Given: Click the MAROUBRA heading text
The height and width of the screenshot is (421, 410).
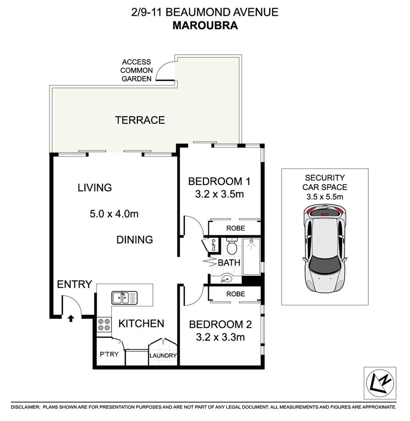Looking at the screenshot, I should point(205,25).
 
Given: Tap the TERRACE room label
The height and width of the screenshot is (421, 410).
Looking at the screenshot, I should point(140,120).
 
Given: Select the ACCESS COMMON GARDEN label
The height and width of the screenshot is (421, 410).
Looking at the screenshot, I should point(136,71).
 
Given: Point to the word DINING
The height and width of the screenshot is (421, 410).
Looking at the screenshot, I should point(134,240).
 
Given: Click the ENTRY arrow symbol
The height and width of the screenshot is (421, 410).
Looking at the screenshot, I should point(71,318).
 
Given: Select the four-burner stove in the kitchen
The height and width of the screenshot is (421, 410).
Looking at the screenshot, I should point(104,325).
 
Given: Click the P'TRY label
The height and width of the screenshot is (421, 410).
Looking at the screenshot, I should point(109,354).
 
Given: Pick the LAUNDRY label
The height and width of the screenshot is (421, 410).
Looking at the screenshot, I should point(163,356).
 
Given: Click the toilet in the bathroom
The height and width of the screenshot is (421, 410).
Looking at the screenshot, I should point(232,246).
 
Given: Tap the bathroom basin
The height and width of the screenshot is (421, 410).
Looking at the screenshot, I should point(226,278).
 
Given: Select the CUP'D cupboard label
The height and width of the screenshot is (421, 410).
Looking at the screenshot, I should point(213,246).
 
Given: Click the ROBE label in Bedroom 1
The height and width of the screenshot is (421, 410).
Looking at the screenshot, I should point(235,228).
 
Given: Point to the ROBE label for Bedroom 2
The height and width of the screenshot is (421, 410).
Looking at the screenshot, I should point(235,294).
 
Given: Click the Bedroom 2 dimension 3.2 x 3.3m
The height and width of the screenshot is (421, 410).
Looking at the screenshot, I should point(221,337).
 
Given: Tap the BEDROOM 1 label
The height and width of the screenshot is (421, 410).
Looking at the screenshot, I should point(219,181).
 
